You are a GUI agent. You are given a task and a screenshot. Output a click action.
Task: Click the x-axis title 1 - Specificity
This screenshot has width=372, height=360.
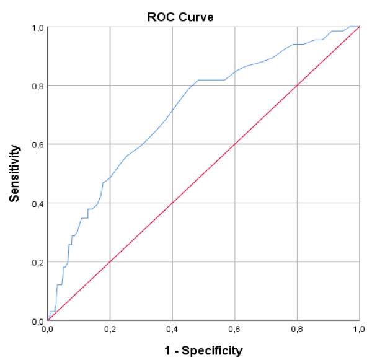click(x=203, y=351)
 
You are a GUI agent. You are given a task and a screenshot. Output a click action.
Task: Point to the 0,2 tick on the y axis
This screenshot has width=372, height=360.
click(x=37, y=262)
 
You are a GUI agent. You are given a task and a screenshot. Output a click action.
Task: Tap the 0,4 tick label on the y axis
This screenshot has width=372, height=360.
click(x=37, y=203)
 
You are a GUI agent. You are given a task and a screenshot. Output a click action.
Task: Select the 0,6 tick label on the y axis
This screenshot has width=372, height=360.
click(x=37, y=144)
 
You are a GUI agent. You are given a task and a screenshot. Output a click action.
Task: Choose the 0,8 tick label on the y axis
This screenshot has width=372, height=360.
click(x=37, y=86)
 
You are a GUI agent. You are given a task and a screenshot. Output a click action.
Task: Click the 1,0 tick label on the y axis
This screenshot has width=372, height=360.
click(x=37, y=27)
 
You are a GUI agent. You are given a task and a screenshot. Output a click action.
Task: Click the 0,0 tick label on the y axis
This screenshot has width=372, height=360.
click(x=37, y=320)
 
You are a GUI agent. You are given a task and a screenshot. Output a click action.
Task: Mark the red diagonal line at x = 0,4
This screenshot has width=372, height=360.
click(x=172, y=203)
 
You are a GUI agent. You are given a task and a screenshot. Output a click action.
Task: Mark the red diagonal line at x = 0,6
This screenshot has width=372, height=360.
click(x=235, y=144)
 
